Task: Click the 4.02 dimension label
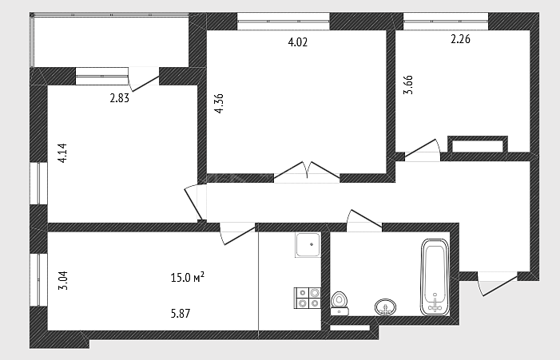click(297, 42)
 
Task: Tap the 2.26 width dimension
click(460, 39)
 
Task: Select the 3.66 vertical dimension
click(408, 85)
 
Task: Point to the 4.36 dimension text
click(219, 104)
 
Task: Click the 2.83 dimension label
click(119, 98)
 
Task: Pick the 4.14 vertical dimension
click(62, 153)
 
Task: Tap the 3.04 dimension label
click(63, 280)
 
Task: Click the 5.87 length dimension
click(181, 314)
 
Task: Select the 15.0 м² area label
click(188, 277)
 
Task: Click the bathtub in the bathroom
click(435, 277)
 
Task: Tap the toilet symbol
click(340, 303)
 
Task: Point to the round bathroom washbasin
click(385, 307)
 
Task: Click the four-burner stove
click(307, 298)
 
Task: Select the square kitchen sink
click(308, 245)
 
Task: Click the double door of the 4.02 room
click(307, 171)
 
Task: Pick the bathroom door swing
click(364, 220)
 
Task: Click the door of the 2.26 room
click(422, 149)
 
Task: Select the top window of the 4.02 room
click(284, 22)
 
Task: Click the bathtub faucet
click(435, 303)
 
